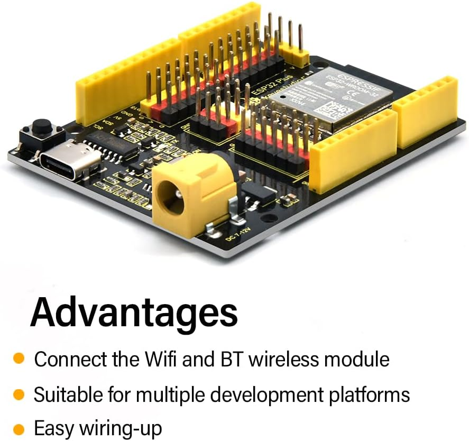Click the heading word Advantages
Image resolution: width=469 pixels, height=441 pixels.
134,313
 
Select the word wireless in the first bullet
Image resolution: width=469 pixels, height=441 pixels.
283,360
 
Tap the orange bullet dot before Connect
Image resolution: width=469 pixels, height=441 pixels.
19,359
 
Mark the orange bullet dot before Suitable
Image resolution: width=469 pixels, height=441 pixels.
19,394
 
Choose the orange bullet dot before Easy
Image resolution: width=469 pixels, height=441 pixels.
19,428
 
